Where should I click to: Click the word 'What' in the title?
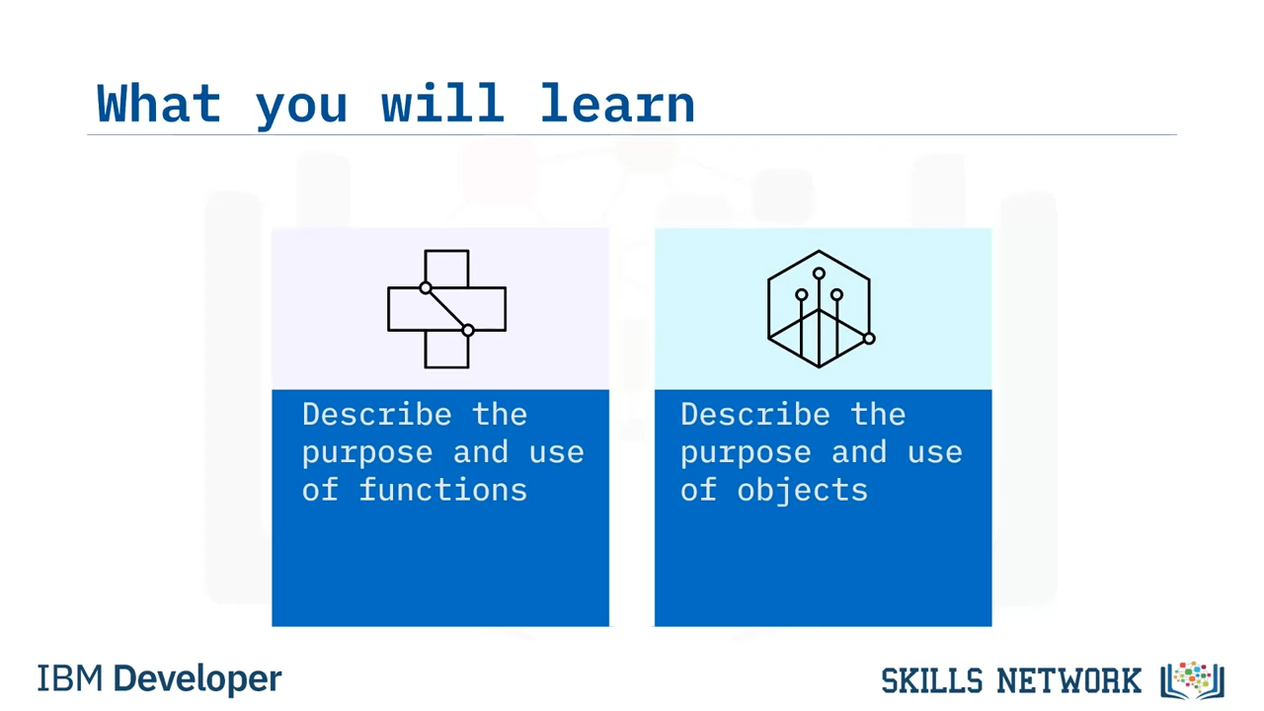point(159,103)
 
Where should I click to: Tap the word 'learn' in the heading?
point(617,103)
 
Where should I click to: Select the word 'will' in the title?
point(443,103)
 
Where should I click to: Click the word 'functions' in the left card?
point(443,489)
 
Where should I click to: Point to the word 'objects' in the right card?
point(803,489)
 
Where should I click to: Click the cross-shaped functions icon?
point(446,309)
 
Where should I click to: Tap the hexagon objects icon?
point(821,309)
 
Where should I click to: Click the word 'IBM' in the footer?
point(69,678)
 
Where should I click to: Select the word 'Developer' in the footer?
point(197,679)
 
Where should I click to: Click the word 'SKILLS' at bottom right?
point(931,680)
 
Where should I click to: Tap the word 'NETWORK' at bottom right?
point(1068,680)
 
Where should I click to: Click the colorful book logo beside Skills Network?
point(1192,680)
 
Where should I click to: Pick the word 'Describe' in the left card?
point(377,415)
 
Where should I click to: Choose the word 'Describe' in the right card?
point(755,415)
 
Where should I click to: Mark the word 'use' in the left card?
point(556,452)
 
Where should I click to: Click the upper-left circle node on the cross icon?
point(426,287)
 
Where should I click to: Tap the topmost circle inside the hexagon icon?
point(819,274)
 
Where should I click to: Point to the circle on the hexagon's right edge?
point(869,339)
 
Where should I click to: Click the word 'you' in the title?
point(301,108)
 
